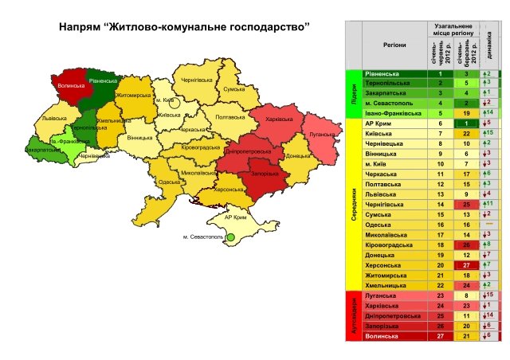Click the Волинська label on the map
72,84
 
